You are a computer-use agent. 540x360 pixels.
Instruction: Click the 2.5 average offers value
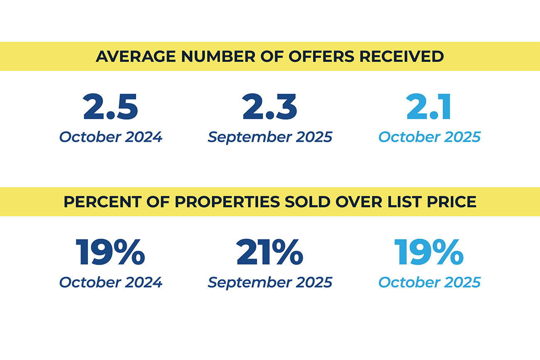[x=110, y=107]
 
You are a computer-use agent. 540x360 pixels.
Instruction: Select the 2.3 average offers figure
[x=270, y=107]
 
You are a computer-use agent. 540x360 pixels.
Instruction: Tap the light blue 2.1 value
[x=429, y=107]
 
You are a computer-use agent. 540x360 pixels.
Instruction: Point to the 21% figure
[x=270, y=252]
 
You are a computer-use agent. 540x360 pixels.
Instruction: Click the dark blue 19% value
[x=110, y=252]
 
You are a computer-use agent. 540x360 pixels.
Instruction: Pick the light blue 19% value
[x=429, y=252]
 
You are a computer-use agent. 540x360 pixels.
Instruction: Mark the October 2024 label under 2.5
[x=110, y=137]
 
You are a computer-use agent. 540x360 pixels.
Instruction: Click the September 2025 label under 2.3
[x=270, y=137]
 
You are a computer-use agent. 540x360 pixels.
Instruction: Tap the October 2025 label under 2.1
[x=430, y=137]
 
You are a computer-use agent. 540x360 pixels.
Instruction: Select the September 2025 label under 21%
[x=270, y=282]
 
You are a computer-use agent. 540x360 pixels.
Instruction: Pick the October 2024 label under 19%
[x=110, y=282]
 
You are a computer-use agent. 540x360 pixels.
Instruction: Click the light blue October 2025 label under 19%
[x=430, y=282]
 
